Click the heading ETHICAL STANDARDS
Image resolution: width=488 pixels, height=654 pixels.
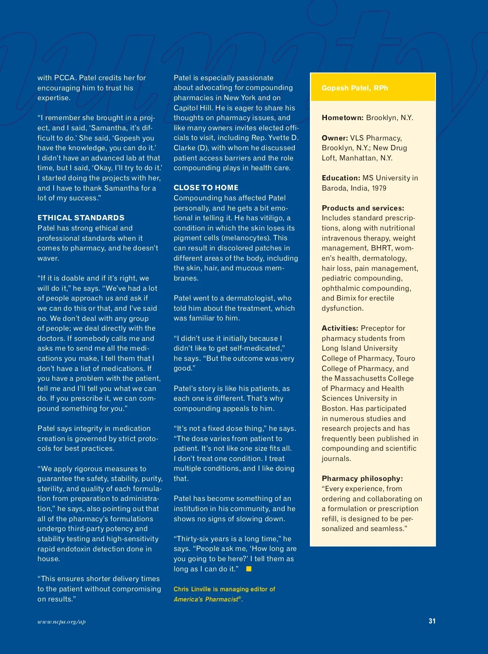tap(81, 218)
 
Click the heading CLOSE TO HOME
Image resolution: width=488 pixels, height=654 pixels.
tap(206, 188)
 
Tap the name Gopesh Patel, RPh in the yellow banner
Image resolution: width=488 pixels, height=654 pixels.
tap(355, 88)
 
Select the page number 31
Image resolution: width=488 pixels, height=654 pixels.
tap(432, 621)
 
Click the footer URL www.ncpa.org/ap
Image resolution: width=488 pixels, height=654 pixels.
tap(61, 622)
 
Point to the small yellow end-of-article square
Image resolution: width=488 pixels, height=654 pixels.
tap(249, 569)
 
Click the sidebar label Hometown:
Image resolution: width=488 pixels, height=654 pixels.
tap(342, 118)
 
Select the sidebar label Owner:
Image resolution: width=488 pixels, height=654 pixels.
tap(335, 138)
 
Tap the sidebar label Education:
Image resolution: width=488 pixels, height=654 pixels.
tap(341, 178)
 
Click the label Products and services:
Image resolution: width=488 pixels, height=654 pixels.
tap(363, 208)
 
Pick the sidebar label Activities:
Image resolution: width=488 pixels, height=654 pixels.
tap(340, 328)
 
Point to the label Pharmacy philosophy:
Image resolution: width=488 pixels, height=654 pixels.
tap(362, 478)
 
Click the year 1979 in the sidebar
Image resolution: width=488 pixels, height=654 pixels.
tap(379, 188)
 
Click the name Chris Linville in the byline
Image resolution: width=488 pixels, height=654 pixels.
tap(192, 589)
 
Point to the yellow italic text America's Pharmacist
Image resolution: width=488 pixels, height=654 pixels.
tap(206, 599)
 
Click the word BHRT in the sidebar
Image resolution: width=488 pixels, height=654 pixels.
tap(381, 248)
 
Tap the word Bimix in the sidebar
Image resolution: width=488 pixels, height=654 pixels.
tap(346, 298)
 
